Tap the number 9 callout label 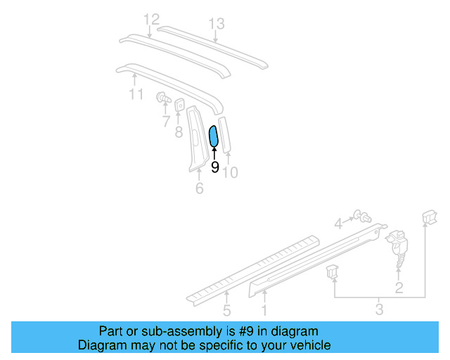tap(214, 167)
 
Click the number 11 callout tap(136, 94)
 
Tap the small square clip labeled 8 tap(180, 105)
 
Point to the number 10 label tap(231, 171)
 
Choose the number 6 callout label tap(199, 188)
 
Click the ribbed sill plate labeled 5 tap(239, 271)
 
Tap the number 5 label tap(226, 310)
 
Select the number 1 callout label tap(264, 309)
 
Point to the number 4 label tap(338, 224)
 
